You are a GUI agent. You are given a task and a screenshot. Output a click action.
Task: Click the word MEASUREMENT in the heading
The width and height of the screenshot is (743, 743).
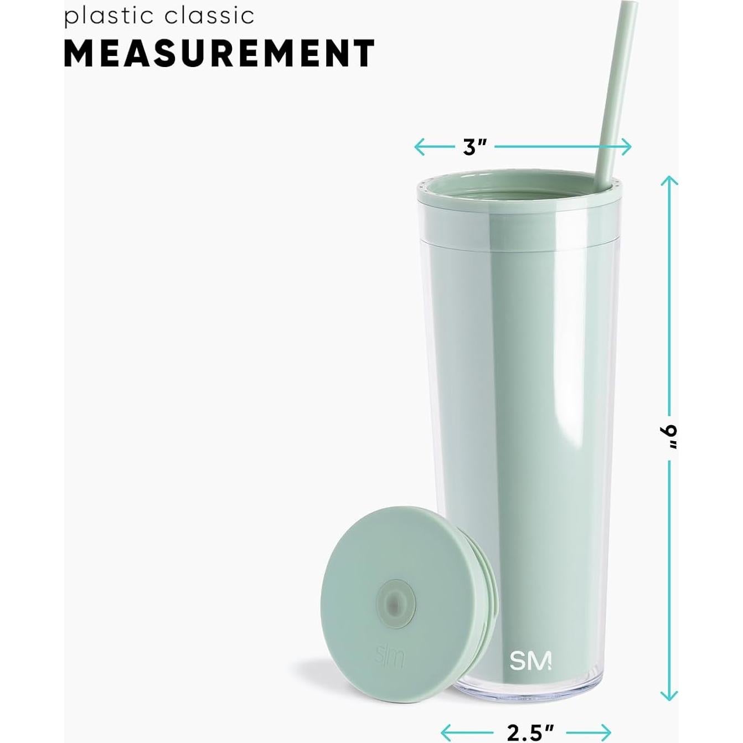tap(220, 53)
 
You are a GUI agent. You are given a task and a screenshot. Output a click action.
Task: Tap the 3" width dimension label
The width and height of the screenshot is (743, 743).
tap(474, 147)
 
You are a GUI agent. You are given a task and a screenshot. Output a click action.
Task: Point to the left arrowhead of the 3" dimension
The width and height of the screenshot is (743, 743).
tap(417, 147)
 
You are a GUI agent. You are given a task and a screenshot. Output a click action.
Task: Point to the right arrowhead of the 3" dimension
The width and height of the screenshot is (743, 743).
tap(629, 147)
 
